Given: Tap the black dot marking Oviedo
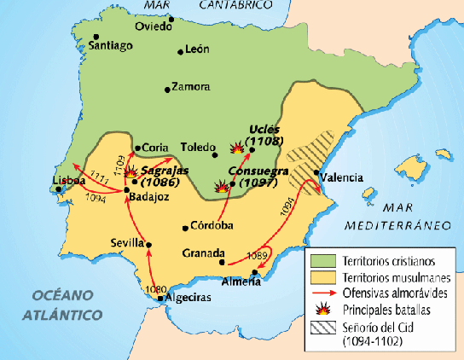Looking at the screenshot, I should pos(171,18).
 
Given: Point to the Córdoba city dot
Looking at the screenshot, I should pos(186,228).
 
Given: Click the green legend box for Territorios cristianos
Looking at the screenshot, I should pos(322,259).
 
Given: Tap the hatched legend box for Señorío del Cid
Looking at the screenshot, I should pos(322,326).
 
